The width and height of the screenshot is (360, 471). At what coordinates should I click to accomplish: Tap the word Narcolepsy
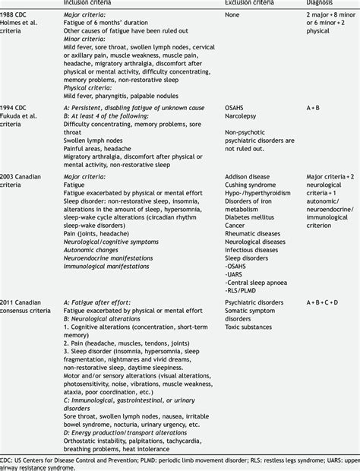point(245,118)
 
